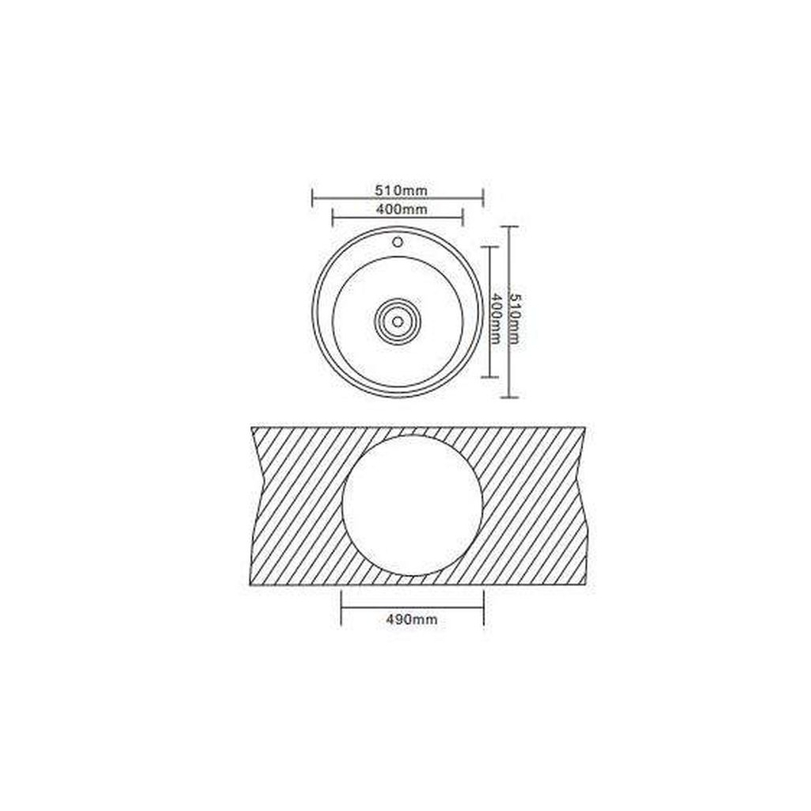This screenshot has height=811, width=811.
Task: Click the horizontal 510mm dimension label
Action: (x=402, y=191)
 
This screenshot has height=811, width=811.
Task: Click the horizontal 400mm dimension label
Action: (x=402, y=209)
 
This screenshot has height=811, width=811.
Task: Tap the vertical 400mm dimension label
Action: (x=496, y=318)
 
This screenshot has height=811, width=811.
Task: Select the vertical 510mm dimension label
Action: (x=515, y=318)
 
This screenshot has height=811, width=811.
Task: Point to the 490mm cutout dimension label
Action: (x=412, y=619)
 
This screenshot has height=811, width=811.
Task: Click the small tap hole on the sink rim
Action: (x=398, y=242)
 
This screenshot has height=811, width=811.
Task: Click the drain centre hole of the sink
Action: (x=398, y=322)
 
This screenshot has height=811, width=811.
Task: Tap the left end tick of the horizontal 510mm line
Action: (x=312, y=197)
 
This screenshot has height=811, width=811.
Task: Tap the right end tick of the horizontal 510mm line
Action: (x=483, y=197)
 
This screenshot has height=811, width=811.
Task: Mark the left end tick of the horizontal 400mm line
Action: (x=332, y=217)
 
